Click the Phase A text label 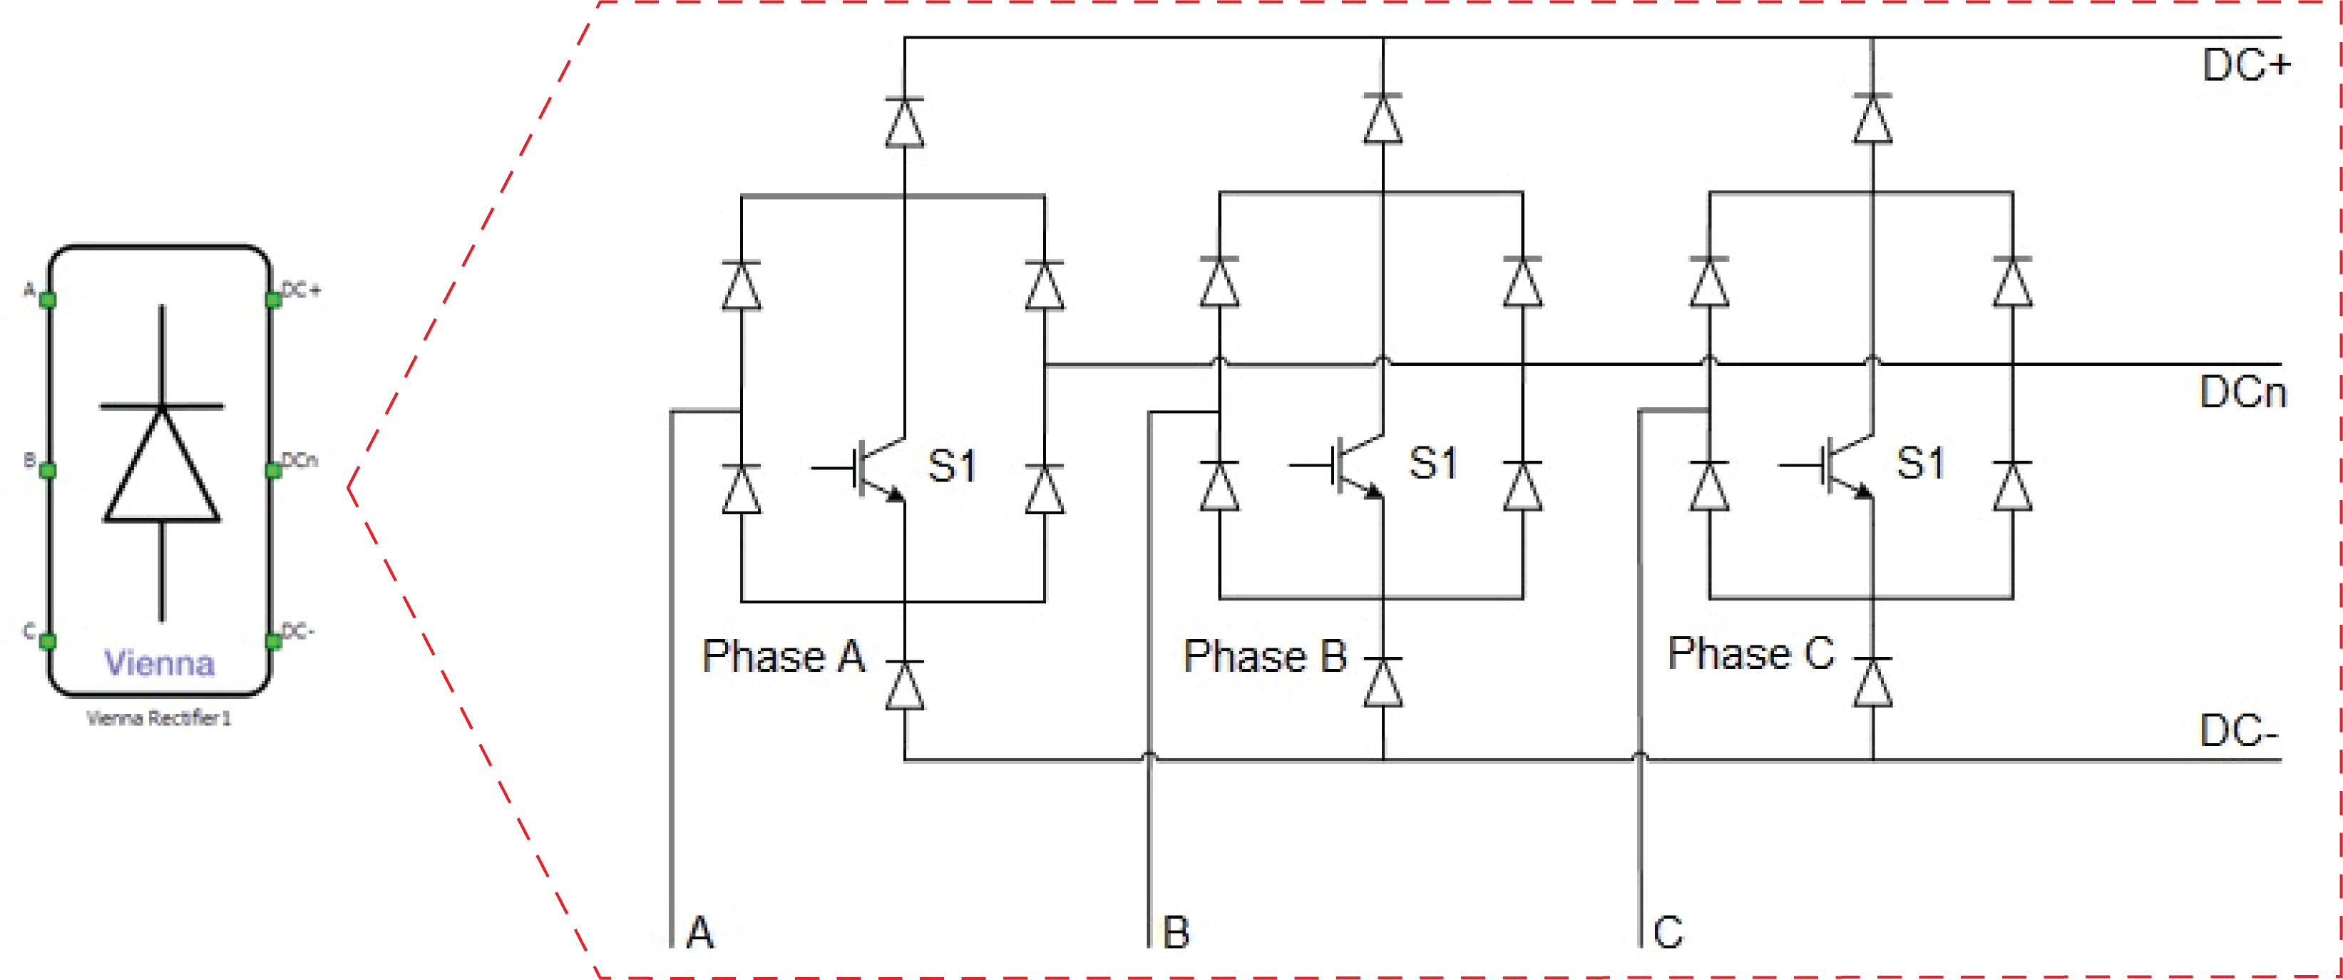pos(783,656)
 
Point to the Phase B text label pos(1265,656)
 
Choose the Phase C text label pos(1752,653)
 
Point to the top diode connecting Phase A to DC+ pos(905,122)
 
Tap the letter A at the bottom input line pos(700,931)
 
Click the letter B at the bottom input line pos(1176,931)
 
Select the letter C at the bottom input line pos(1668,931)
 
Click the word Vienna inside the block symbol pos(159,663)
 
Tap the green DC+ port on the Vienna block pos(273,300)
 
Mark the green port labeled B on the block pos(48,469)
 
